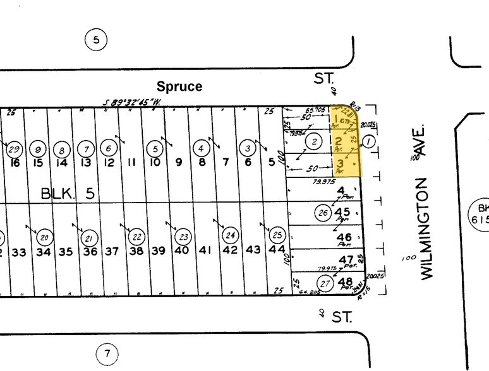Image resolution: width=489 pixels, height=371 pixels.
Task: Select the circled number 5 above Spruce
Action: point(95,40)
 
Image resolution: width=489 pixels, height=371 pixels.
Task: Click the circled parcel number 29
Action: point(13,150)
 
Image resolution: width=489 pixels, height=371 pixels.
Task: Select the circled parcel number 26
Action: point(323,212)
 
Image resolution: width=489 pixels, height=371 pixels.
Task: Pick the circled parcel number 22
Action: point(136,237)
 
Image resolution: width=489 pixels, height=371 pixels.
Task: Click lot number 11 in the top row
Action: point(132,162)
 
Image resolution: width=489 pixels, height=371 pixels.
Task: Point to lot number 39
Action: point(158,250)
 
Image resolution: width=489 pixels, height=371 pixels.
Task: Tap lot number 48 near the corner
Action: point(345,281)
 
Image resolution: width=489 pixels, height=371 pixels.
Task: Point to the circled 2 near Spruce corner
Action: point(314,141)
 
